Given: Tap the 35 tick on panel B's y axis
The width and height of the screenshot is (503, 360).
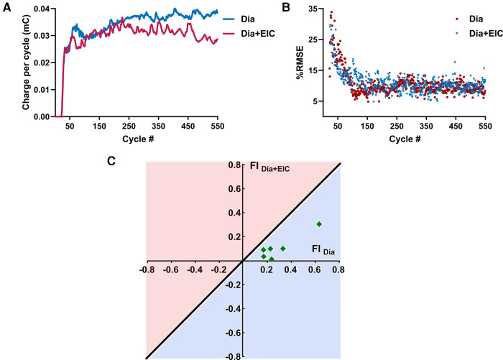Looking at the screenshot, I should [313, 9].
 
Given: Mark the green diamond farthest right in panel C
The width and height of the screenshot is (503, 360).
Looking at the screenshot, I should [319, 224].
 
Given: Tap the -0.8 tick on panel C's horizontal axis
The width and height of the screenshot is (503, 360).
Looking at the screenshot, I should [147, 271].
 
